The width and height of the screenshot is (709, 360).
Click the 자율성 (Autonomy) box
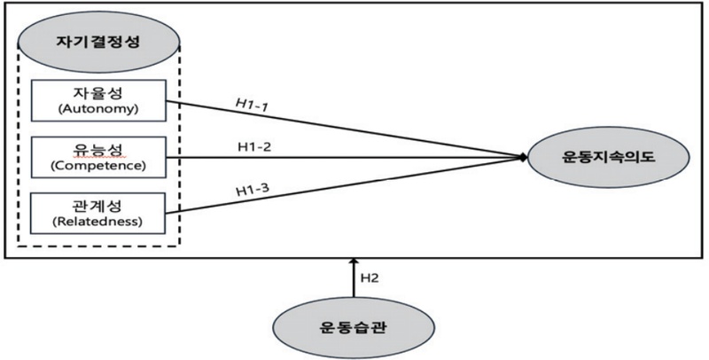[98, 100]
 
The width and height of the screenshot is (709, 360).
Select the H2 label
[371, 278]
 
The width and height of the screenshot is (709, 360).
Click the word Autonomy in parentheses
[98, 109]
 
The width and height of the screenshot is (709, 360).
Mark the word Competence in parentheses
[98, 166]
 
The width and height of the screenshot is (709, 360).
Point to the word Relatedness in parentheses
[98, 222]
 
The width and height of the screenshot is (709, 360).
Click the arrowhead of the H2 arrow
[354, 263]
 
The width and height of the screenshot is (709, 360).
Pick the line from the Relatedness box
[354, 185]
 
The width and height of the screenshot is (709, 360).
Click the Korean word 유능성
[98, 147]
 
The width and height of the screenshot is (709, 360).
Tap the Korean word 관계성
[98, 203]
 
